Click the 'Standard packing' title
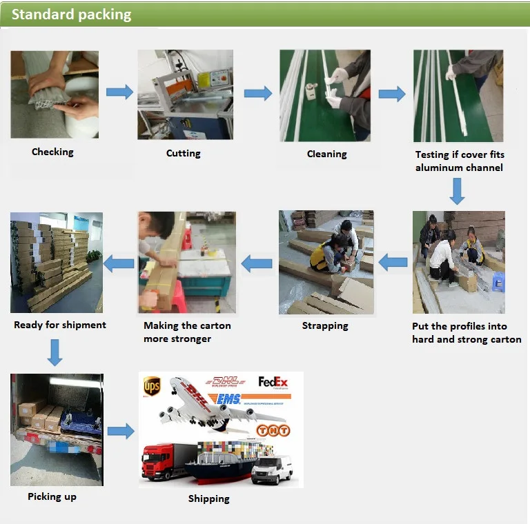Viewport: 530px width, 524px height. click(71, 14)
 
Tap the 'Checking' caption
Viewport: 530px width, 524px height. click(52, 152)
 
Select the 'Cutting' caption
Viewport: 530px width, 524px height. click(184, 154)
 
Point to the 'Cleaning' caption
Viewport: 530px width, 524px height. click(326, 154)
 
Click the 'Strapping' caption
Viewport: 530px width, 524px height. click(325, 325)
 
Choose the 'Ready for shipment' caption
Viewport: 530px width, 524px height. click(60, 324)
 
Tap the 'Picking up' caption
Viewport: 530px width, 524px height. click(52, 496)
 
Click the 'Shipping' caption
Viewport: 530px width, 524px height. click(208, 498)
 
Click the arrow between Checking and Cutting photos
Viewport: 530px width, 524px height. click(119, 92)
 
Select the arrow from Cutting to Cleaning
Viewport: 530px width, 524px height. click(257, 93)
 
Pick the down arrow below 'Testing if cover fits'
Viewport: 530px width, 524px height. click(457, 191)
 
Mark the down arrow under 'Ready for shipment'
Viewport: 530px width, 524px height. click(55, 352)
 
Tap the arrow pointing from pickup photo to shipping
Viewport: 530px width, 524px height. click(121, 431)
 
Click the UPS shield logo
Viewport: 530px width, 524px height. click(152, 386)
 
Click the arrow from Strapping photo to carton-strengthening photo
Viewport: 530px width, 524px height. click(256, 262)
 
